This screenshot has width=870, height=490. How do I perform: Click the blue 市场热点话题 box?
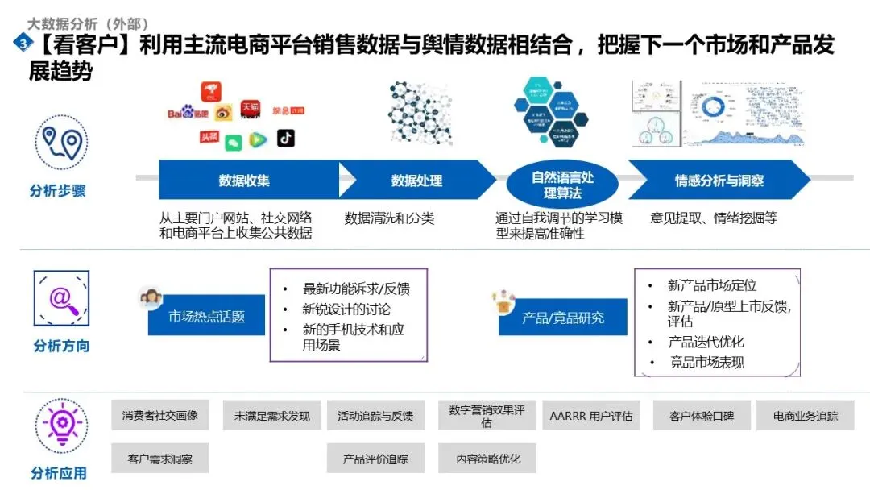206,317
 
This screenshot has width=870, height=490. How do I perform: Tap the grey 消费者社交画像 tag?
160,416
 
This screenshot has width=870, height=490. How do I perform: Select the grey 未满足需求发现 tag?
271,416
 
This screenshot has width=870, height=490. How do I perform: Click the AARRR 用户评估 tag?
590,416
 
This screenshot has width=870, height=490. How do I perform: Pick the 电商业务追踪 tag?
806,416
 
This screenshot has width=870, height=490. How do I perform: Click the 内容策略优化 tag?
487,459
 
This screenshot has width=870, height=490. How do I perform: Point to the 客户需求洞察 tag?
160,459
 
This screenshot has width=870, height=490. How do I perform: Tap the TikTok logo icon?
286,139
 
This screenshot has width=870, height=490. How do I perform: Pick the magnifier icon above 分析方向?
60,298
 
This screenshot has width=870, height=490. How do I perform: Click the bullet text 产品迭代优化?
706,342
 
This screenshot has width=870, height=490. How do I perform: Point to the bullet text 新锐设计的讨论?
347,309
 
